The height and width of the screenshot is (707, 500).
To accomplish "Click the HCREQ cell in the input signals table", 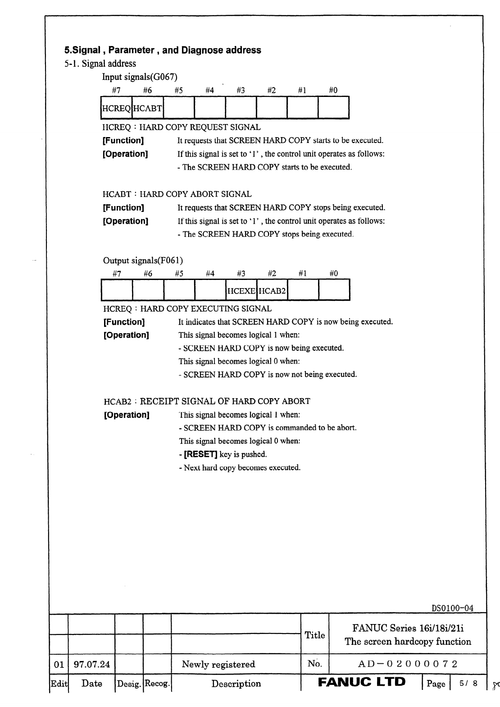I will tap(117, 108).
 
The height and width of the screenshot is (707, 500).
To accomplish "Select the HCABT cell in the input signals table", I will tap(148, 108).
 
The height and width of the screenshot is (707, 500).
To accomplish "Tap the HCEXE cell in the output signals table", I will tap(241, 291).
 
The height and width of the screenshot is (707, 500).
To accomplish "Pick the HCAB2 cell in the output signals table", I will tap(272, 291).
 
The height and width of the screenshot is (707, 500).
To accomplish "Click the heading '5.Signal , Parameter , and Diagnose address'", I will tap(163, 50).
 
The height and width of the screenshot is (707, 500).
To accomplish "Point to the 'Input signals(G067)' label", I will tap(140, 77).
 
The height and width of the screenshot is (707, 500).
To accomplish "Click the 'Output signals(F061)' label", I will tap(143, 260).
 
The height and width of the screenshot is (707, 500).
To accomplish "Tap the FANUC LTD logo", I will tap(362, 682).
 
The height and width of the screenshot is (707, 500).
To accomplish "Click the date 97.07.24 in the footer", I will tap(91, 664).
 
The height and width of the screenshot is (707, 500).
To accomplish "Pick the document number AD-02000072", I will tap(408, 664).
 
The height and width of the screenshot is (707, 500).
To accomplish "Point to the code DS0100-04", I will tap(452, 608).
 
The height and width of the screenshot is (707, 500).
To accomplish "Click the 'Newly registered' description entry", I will tap(218, 664).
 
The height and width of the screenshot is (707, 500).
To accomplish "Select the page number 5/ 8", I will tap(468, 684).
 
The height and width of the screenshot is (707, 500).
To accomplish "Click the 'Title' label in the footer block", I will tap(315, 635).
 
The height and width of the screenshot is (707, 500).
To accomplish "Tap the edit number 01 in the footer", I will tap(59, 664).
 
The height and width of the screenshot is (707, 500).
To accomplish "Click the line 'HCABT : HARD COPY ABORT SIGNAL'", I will tap(177, 194).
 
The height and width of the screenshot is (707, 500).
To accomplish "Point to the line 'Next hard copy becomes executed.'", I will tap(240, 468).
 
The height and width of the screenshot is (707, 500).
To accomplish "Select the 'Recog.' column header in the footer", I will tap(157, 684).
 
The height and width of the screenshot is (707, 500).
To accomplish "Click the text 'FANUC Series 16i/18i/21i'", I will tap(408, 628).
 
